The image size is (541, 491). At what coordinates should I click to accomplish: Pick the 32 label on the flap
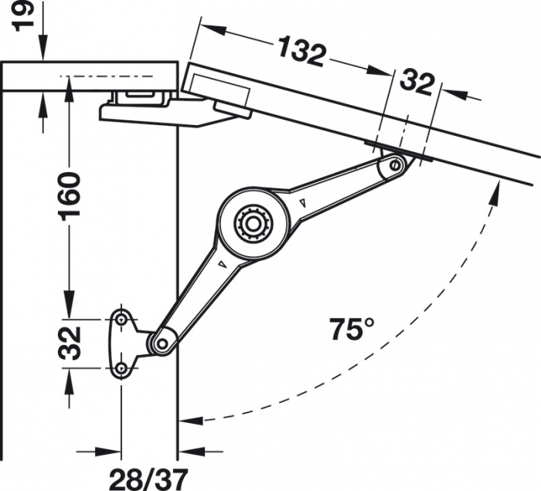[417, 83]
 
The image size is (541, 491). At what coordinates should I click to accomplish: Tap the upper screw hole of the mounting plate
[121, 319]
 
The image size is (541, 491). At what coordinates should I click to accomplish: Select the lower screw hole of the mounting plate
[121, 370]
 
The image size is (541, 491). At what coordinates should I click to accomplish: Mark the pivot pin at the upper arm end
[396, 164]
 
